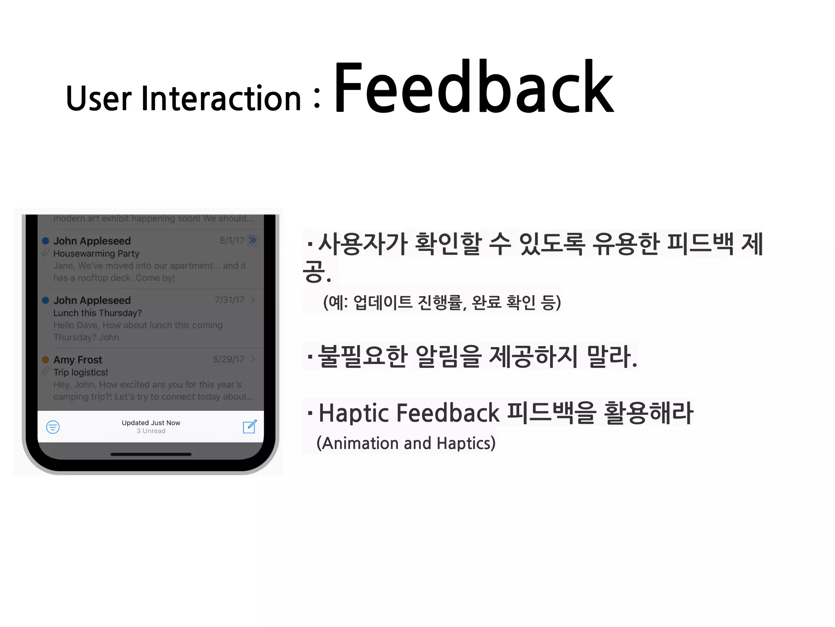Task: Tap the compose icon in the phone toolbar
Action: click(x=250, y=427)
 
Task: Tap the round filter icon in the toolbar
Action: click(x=53, y=427)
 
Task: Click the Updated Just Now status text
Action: click(x=151, y=422)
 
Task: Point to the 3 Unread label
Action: click(x=151, y=431)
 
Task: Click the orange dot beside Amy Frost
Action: click(x=46, y=360)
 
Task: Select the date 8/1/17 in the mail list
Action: click(x=232, y=240)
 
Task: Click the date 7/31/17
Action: click(x=229, y=300)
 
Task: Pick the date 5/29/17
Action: click(x=228, y=359)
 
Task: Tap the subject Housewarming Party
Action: click(x=96, y=253)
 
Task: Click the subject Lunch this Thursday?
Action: click(x=97, y=313)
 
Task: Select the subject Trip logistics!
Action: click(x=81, y=372)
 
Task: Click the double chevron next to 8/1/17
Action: click(x=253, y=240)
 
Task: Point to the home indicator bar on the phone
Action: click(x=151, y=454)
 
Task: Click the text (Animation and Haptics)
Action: click(x=406, y=443)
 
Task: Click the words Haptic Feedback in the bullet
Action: click(x=409, y=413)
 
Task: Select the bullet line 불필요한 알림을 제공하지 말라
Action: click(x=473, y=356)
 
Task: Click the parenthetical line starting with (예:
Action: click(x=442, y=302)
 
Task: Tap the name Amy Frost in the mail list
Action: click(x=78, y=360)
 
